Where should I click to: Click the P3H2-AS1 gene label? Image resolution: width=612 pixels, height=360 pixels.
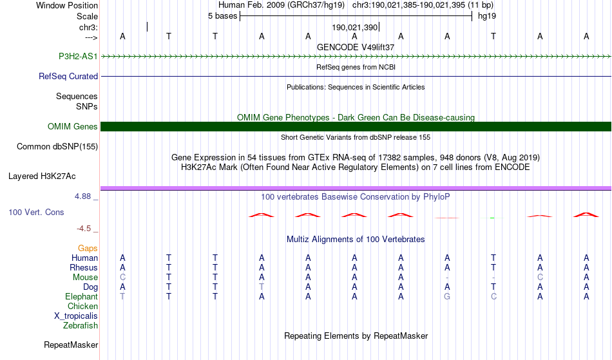pos(78,56)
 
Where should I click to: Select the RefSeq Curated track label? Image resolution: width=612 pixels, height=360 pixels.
pos(68,76)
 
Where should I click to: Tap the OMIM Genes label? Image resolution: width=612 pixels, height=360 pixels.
pos(73,126)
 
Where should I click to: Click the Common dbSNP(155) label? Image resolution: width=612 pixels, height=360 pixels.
pos(57,146)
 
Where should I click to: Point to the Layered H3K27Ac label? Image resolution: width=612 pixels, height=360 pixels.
pos(42,176)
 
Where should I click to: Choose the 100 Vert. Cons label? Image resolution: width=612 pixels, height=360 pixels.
pos(36,212)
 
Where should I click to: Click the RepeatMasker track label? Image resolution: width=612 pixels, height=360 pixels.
pos(71,345)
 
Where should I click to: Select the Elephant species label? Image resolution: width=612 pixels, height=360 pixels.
pos(81,296)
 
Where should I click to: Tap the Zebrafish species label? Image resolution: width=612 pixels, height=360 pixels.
pos(81,325)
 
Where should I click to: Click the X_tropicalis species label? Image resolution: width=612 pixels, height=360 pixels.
pos(76,316)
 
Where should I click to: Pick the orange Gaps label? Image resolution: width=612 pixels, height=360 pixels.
pos(88,248)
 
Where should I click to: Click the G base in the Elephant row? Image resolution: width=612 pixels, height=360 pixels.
pos(447,296)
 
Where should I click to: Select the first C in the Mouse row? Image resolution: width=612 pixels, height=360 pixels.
pos(122,277)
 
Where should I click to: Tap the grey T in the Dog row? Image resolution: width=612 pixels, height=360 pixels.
pos(262,287)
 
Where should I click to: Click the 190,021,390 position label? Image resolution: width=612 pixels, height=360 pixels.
pos(354,28)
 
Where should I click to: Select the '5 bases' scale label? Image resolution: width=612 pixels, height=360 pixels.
pos(222,15)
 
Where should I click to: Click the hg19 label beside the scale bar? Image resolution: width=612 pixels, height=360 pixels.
pos(486,15)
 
